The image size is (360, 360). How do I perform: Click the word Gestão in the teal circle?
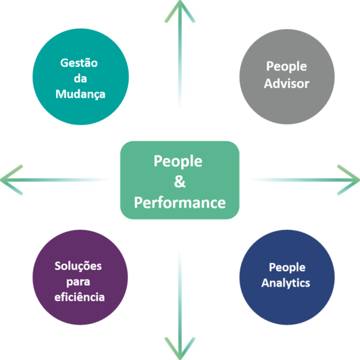pos(79,63)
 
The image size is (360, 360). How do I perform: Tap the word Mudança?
pos(80,94)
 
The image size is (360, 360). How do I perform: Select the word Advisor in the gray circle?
pos(287,83)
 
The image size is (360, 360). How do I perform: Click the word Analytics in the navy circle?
pos(286,283)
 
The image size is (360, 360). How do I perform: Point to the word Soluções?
pos(78,267)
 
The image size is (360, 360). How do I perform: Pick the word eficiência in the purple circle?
pos(80,297)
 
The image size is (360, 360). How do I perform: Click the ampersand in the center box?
pos(179,181)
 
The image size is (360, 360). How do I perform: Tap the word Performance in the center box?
pos(180,203)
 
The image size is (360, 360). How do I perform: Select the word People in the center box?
pos(178,161)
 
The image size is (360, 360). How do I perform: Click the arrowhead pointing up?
pos(180,10)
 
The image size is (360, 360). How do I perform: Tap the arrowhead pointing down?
pos(180,349)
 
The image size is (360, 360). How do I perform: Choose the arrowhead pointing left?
pos(11,180)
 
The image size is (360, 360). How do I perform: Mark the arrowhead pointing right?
pos(349,180)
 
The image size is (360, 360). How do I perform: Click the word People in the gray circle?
pos(287,66)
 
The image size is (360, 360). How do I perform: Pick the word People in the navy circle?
pos(287,268)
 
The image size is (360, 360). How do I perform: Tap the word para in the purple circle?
pos(78,282)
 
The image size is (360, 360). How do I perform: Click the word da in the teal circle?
pos(80,78)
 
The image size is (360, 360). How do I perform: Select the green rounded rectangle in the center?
pos(180,180)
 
